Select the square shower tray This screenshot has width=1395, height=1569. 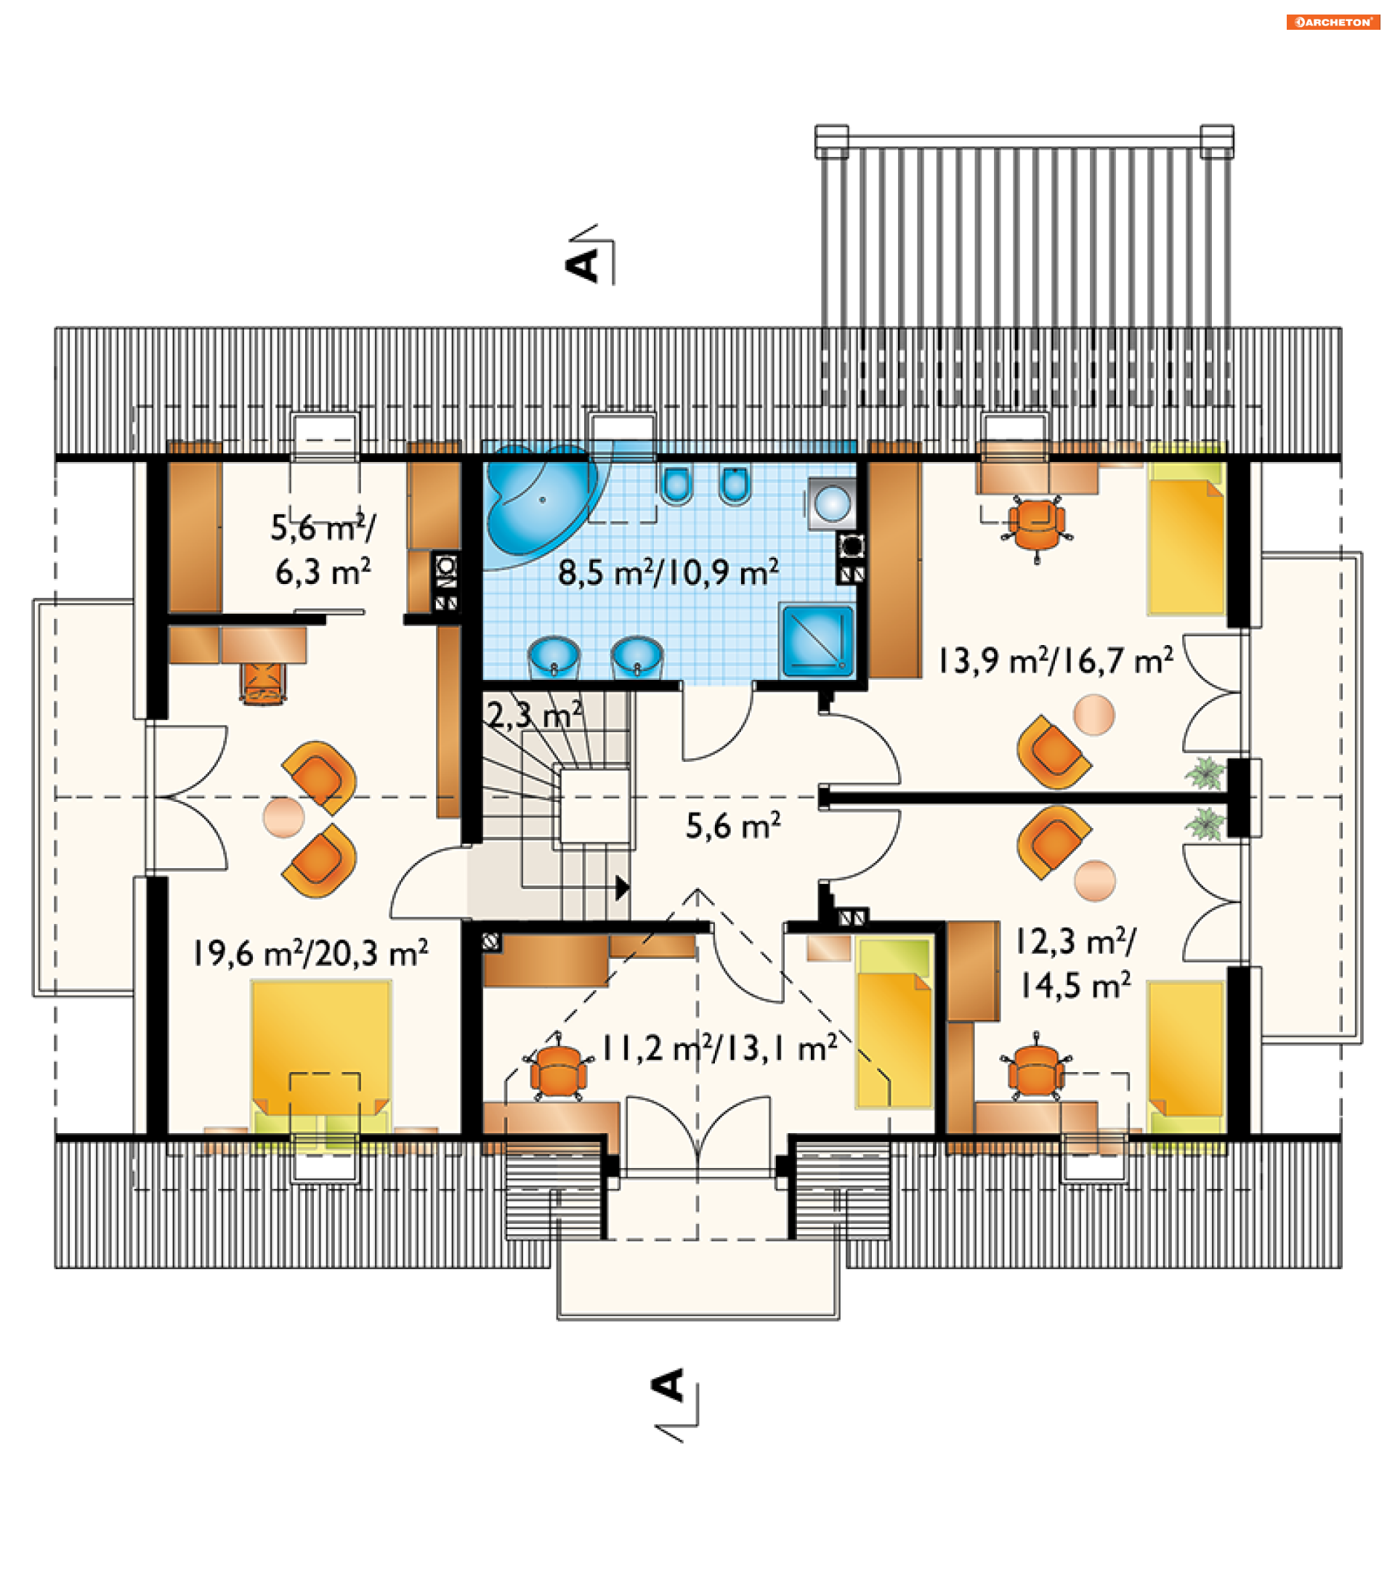[817, 641]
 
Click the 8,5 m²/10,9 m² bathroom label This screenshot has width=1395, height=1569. [668, 572]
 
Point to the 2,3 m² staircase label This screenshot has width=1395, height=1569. [535, 715]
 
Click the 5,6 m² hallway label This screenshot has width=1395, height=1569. [733, 826]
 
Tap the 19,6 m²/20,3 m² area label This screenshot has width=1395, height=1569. [310, 953]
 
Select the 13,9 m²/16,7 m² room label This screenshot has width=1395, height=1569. [1055, 661]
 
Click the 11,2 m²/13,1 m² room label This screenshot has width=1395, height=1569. [719, 1047]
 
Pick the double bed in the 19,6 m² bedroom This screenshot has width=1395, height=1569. [321, 1060]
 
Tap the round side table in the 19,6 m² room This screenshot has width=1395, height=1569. [283, 816]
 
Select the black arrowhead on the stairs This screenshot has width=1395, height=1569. [623, 888]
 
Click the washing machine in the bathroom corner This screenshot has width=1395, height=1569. [831, 503]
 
